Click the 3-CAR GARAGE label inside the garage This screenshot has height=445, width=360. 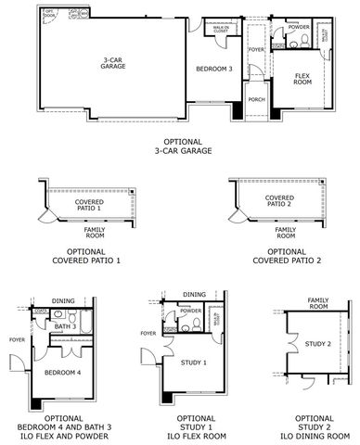coord(114,64)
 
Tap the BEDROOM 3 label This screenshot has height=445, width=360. coord(213,70)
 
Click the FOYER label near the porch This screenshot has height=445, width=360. coord(256,50)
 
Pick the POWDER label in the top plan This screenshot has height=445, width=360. coord(298,28)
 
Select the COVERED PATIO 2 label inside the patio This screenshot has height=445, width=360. coord(279,201)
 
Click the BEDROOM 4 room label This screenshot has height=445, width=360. coord(63,372)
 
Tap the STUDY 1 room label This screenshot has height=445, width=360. coord(193,362)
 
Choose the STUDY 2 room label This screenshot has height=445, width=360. coord(317,345)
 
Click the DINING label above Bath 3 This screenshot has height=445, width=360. coord(64,300)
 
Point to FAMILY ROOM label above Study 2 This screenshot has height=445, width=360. coord(319,304)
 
